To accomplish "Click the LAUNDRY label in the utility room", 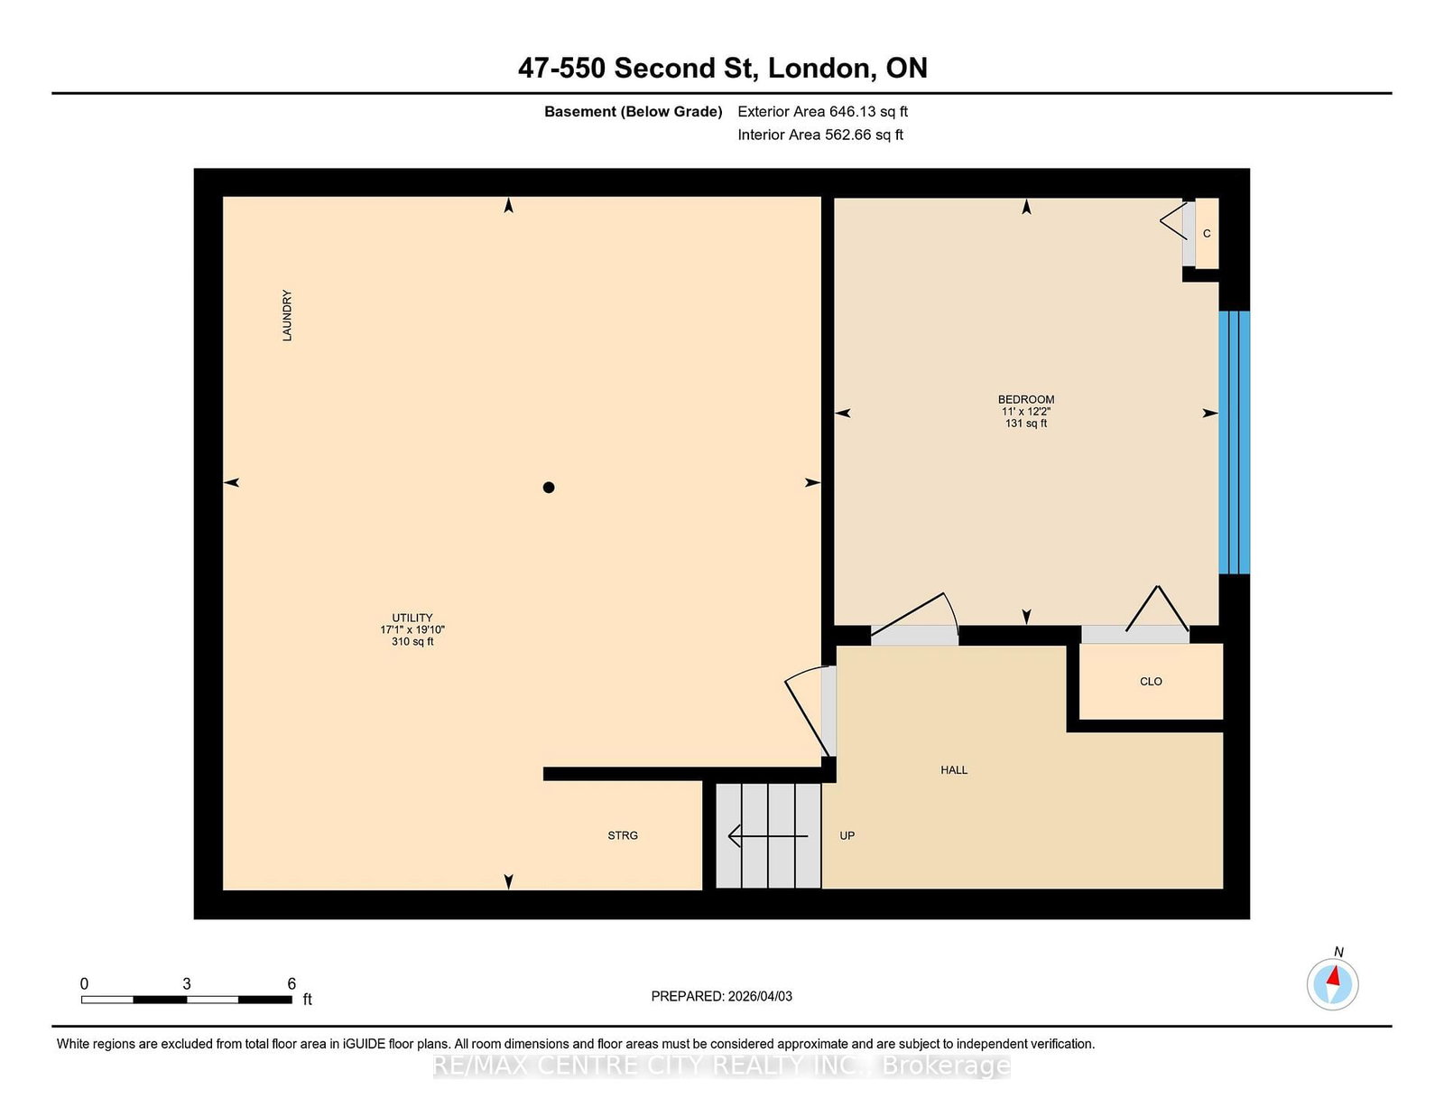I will click(x=287, y=315).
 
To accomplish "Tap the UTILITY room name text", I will click(x=412, y=618).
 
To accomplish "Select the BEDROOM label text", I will click(x=1026, y=399).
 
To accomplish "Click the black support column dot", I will click(x=549, y=488).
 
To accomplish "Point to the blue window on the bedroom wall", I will click(x=1234, y=442).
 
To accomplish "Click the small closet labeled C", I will click(x=1207, y=234).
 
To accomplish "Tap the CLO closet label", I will click(x=1151, y=682).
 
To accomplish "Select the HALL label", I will click(x=954, y=770).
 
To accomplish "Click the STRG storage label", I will click(x=623, y=836).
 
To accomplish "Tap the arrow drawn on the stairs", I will click(x=767, y=837).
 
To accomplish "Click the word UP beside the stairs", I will click(x=847, y=836).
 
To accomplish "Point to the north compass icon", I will click(x=1332, y=984).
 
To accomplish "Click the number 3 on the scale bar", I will click(x=187, y=984).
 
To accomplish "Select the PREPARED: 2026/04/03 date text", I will click(x=722, y=996).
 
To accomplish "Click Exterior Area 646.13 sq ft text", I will click(x=822, y=112).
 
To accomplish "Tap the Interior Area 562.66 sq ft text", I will click(x=820, y=135).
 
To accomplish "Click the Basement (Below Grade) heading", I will click(x=633, y=112).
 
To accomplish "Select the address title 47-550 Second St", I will click(x=722, y=69).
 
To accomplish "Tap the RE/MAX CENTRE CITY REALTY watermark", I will click(x=722, y=1066).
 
